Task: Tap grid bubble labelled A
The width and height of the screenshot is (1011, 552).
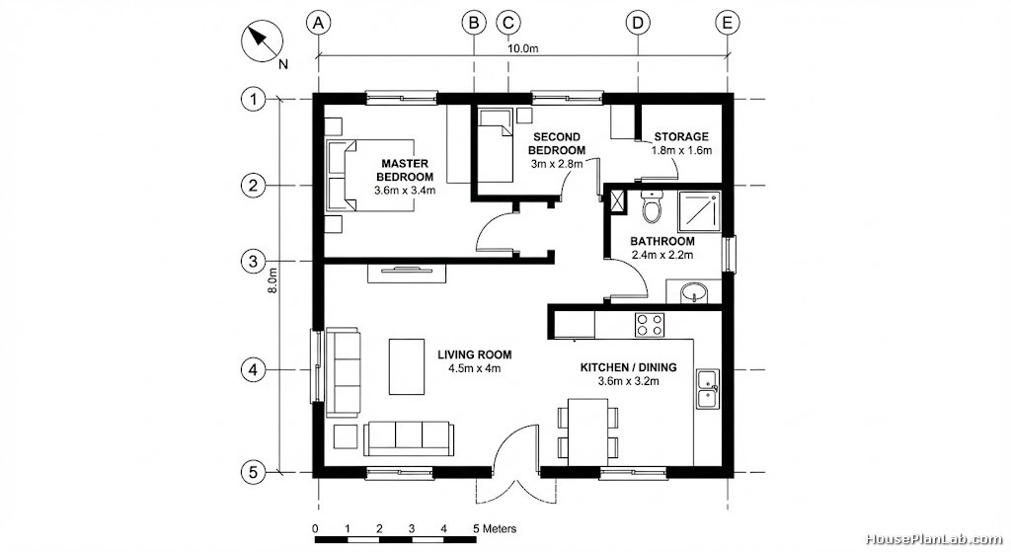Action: [x=318, y=24]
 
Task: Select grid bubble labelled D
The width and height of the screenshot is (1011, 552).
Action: [x=638, y=24]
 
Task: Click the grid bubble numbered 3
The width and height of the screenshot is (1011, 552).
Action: [x=253, y=261]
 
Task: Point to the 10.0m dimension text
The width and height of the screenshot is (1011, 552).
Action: [x=522, y=48]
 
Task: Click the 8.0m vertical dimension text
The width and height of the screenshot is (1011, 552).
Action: [x=272, y=280]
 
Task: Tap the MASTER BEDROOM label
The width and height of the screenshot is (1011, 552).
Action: [x=405, y=170]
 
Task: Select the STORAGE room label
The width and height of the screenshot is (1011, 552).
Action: [x=681, y=136]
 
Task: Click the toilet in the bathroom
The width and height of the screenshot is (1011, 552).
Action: [x=653, y=205]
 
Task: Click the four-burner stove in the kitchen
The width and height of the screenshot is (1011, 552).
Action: [x=650, y=324]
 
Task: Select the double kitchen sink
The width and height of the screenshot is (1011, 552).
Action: [x=707, y=389]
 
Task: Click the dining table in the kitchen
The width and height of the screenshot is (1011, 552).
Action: [x=587, y=432]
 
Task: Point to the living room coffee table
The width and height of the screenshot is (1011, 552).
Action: [x=407, y=367]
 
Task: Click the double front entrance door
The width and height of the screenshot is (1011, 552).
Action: [x=515, y=465]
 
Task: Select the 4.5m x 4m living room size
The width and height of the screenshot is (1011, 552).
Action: [x=475, y=369]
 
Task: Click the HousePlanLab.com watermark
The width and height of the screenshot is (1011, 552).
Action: [x=933, y=539]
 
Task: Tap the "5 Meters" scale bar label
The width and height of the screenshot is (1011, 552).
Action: [x=495, y=528]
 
